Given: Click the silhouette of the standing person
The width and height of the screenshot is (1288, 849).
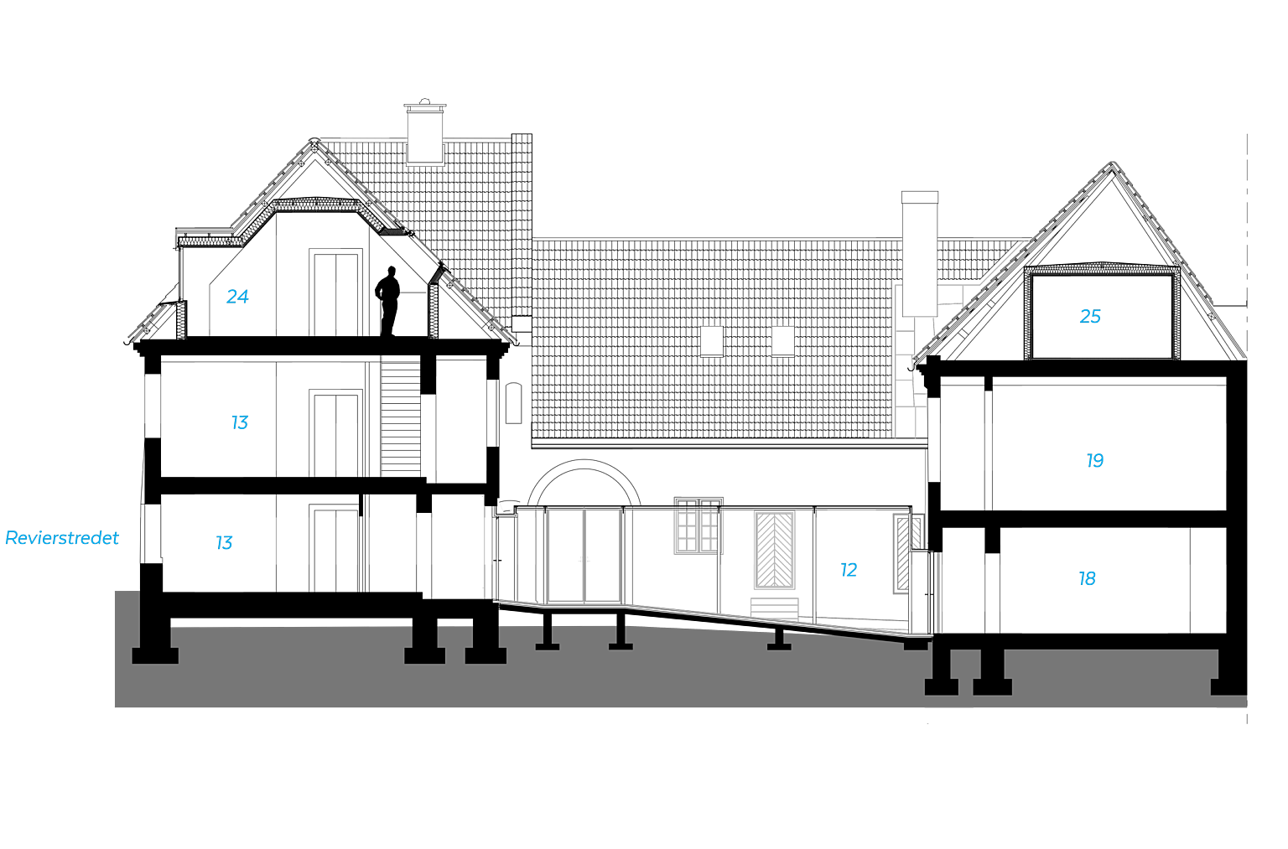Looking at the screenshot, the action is (x=388, y=301).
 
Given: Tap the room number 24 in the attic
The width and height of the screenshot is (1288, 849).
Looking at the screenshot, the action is (x=237, y=297).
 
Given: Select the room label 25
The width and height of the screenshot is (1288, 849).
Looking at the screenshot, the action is (x=1090, y=316).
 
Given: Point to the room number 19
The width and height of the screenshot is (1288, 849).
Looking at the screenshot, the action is (x=1095, y=460).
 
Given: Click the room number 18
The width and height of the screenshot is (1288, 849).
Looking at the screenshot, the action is (x=1087, y=578).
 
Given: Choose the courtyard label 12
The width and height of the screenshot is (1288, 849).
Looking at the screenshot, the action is (x=849, y=570).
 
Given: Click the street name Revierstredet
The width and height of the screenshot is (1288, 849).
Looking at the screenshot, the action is (x=61, y=538).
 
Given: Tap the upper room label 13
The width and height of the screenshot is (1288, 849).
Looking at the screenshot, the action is (x=239, y=422).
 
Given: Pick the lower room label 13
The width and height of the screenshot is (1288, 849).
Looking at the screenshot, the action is (x=224, y=542).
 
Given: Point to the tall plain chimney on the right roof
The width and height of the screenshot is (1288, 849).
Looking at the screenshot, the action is (x=919, y=253).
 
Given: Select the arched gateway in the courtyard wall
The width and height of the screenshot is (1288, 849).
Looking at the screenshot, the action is (x=584, y=466).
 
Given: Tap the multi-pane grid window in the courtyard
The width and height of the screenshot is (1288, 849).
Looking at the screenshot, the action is (x=698, y=526).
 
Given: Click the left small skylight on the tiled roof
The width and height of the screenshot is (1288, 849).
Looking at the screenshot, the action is (x=711, y=341).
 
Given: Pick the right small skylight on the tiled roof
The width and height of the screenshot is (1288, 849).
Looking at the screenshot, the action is (x=782, y=341).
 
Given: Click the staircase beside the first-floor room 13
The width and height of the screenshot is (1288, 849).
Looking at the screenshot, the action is (x=400, y=417).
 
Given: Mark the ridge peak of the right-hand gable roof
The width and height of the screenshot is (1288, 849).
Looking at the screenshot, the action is (x=1113, y=163).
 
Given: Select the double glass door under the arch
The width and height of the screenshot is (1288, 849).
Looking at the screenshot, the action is (x=584, y=556).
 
